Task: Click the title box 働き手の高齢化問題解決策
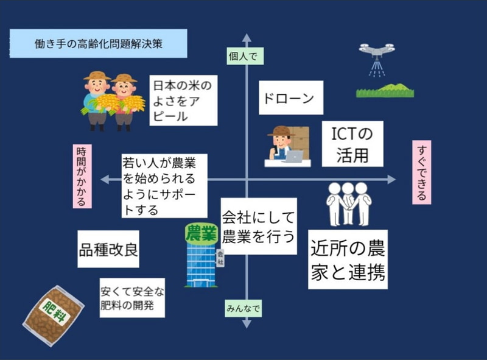(x=98, y=44)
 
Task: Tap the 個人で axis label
(x=243, y=55)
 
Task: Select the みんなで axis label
(x=243, y=309)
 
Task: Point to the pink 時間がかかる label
(x=82, y=176)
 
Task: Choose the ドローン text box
(x=290, y=97)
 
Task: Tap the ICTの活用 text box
(x=352, y=144)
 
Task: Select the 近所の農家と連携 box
(x=348, y=259)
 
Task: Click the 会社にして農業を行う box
(x=258, y=225)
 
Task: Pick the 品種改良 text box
(x=108, y=249)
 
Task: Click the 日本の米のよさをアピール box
(x=183, y=99)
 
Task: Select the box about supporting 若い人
(x=164, y=185)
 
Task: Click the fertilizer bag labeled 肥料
(x=53, y=315)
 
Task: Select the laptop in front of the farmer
(x=294, y=156)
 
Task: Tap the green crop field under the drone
(x=387, y=91)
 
